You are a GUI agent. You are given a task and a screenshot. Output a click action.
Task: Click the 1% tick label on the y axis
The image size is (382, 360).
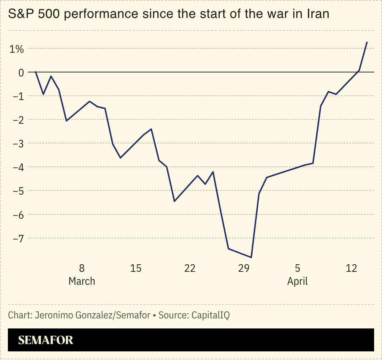pos(16,49)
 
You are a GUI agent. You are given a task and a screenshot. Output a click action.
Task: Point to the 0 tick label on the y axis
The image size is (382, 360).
pos(21,72)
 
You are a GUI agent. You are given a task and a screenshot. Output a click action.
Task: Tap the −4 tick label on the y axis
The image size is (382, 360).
pos(18,167)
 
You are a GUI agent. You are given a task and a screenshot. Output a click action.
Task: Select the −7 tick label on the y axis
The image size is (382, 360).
pos(18,238)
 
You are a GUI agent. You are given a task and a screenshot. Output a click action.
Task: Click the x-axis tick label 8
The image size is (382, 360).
pos(82,268)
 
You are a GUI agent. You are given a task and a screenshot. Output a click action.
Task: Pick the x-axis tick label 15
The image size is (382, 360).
pos(136,268)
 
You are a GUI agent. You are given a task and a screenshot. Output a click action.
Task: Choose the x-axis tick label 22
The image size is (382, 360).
pos(190,268)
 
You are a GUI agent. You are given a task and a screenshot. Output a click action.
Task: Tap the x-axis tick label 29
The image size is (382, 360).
pos(244,268)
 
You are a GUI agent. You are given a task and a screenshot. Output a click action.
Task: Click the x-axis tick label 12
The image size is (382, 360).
pos(352,268)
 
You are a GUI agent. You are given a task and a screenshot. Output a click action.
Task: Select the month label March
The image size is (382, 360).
pos(82,281)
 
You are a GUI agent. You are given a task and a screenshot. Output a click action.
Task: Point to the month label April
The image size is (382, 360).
pos(297,281)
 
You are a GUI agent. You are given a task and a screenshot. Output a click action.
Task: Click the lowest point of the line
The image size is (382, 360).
pos(251,257)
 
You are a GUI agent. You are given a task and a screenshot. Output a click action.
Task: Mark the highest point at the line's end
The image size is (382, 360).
pos(367,42)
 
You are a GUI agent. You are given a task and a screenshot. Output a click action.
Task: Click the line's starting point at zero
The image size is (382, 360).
pos(36,72)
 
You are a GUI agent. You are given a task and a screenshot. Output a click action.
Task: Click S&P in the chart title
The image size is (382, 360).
pos(20,15)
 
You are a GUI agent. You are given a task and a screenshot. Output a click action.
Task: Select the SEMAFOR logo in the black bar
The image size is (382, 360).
pos(46,340)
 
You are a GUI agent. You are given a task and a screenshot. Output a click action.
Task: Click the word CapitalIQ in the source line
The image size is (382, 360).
pos(211,316)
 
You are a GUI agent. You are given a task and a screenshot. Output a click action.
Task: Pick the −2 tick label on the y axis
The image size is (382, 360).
pos(18,120)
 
